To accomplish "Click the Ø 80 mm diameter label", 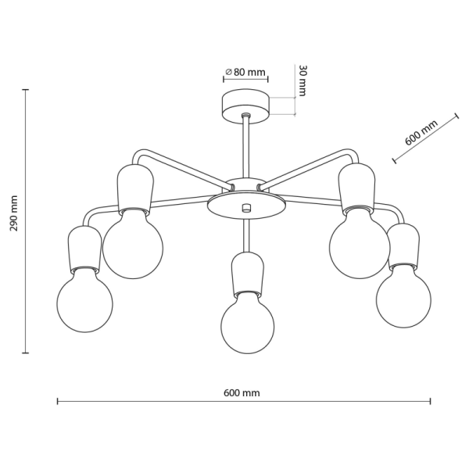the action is point(245,72).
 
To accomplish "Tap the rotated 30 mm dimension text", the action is point(303,81).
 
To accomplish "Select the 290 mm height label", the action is point(14,213).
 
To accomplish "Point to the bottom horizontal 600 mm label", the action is point(242,392).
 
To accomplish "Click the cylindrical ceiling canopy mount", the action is point(245,106).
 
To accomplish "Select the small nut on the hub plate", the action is point(246,208).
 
